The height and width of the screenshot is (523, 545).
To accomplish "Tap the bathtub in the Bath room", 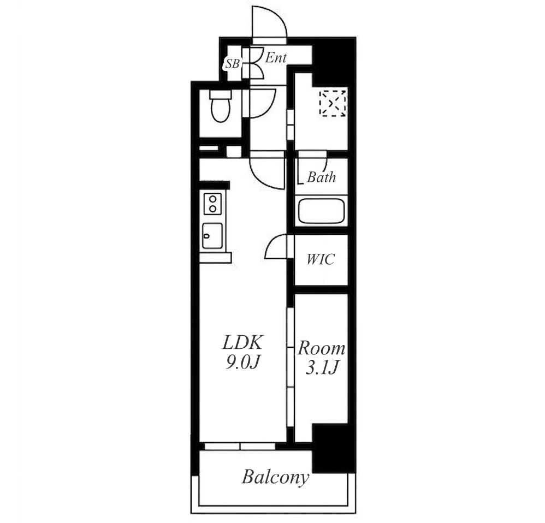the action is click(321, 211).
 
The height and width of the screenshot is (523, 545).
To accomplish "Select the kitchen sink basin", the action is click(212, 236).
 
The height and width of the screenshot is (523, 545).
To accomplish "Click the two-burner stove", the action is click(212, 204).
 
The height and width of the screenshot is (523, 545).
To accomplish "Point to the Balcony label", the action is click(275, 478).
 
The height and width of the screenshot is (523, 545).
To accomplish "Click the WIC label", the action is click(321, 259).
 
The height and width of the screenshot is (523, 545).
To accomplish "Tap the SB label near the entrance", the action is click(233, 63).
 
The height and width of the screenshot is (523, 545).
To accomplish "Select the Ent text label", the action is click(276, 58).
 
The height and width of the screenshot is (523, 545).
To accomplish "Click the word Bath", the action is click(322, 177).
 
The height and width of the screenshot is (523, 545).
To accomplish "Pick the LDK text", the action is click(242, 343).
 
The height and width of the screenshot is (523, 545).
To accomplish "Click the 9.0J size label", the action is click(242, 362).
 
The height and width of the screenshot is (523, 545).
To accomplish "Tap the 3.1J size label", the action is click(322, 367).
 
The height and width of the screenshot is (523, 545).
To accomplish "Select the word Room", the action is click(322, 348).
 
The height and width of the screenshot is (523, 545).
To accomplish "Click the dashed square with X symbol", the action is click(333, 103).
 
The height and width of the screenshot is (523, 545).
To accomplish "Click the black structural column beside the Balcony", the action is click(334, 448).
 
